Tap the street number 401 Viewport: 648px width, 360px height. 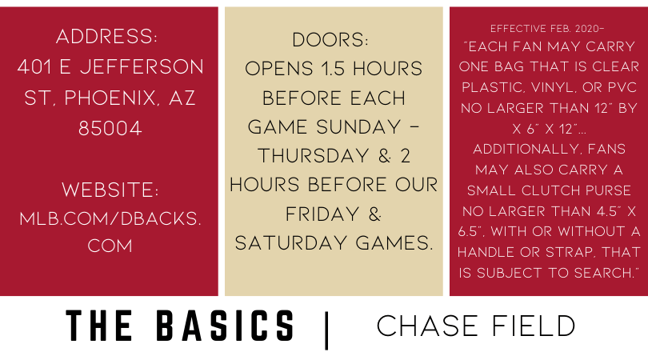pyautogui.click(x=35, y=67)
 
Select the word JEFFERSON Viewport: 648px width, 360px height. pyautogui.click(x=142, y=67)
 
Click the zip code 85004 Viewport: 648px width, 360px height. pyautogui.click(x=110, y=129)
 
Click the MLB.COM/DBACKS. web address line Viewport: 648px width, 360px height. pyautogui.click(x=110, y=218)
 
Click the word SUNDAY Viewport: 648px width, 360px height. pyautogui.click(x=359, y=127)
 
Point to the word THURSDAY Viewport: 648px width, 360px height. pyautogui.click(x=314, y=156)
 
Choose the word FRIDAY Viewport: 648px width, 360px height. pyautogui.click(x=322, y=214)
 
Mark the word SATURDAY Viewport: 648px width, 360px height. pyautogui.click(x=292, y=243)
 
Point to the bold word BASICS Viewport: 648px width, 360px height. pyautogui.click(x=226, y=326)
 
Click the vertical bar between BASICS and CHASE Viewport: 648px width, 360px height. pyautogui.click(x=327, y=330)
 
